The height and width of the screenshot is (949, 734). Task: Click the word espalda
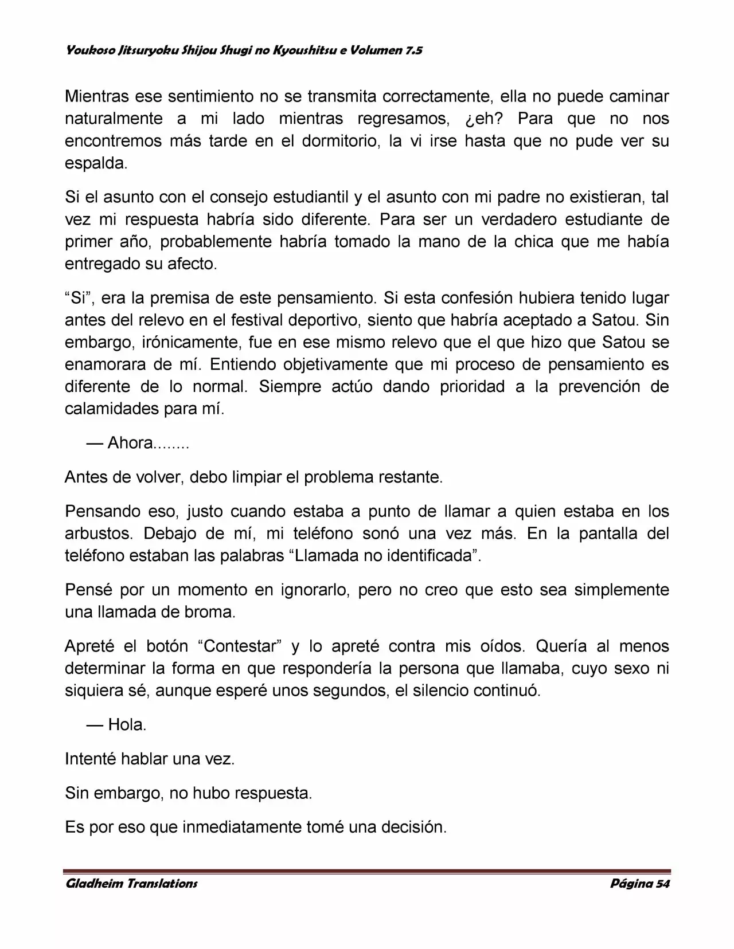click(95, 163)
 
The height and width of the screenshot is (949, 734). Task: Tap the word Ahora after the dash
click(131, 444)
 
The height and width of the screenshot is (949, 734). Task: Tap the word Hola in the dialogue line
click(126, 725)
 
